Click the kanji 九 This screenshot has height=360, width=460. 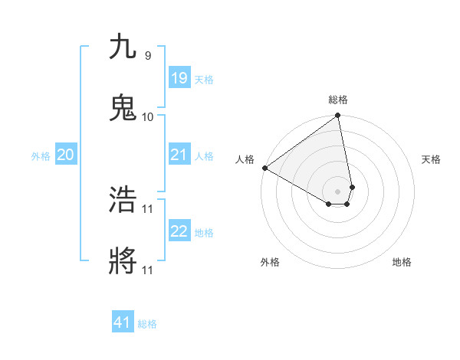coord(123,47)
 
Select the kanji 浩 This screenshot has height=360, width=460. coord(123,200)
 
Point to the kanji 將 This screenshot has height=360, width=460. coord(123,261)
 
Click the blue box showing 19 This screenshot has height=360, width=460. coord(179,78)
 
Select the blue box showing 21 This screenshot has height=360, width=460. coord(179,155)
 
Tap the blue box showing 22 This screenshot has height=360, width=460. coord(179,231)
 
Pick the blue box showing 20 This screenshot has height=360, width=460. coord(65,155)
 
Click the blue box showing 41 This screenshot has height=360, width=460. coord(123,322)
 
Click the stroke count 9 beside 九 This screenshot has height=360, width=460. coord(147,56)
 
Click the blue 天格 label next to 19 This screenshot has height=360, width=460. coord(203,80)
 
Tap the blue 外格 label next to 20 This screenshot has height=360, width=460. coord(41,156)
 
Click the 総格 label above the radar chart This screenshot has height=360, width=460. coord(338,100)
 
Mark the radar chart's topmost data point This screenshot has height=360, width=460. coord(338,116)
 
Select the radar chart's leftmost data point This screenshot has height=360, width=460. coord(264,168)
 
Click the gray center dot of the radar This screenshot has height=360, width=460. coord(338,191)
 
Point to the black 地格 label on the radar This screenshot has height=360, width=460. coord(402,262)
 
